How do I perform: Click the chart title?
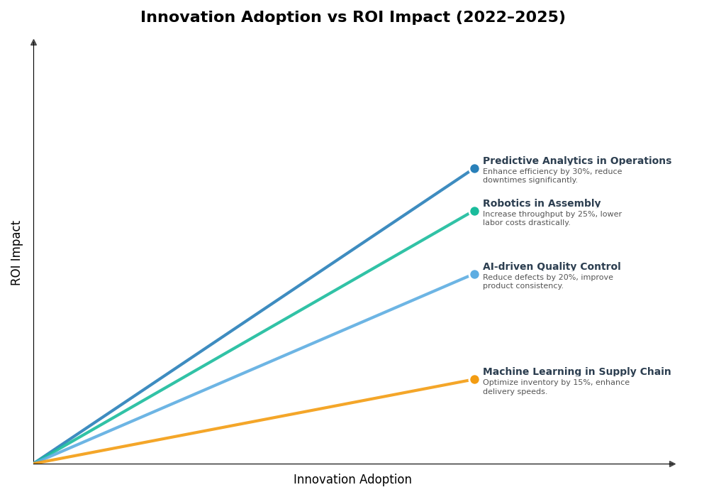pos(352,18)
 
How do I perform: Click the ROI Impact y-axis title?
pos(16,253)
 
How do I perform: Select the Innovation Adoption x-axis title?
pos(352,480)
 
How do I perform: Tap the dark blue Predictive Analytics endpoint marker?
pos(474,169)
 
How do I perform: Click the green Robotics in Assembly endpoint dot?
pos(474,212)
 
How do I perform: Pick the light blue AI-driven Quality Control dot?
pos(474,275)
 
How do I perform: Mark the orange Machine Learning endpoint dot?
pos(474,380)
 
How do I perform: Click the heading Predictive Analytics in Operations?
pos(576,161)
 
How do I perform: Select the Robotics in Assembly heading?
pos(541,204)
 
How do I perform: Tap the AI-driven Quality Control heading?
pos(551,267)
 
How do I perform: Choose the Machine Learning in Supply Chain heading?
pos(576,372)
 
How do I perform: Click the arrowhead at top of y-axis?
pos(33,43)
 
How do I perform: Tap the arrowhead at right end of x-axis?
pos(672,464)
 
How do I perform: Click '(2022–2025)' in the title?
pos(510,18)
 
